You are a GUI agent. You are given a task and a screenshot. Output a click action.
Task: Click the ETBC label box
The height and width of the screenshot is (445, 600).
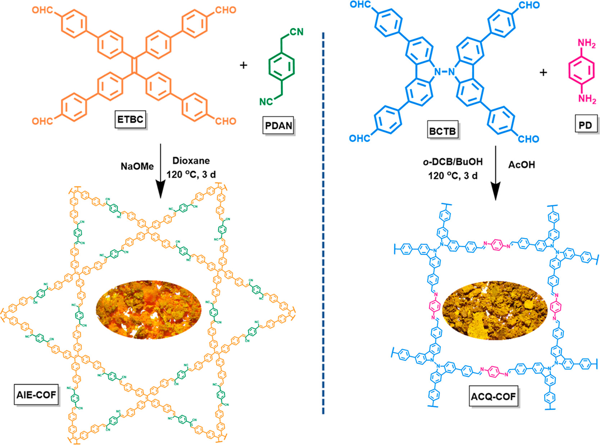coord(130,119)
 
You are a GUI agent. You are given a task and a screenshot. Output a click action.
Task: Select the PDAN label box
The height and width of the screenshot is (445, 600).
coord(279,126)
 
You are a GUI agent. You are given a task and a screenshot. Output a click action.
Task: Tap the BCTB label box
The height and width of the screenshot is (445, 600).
coord(442,131)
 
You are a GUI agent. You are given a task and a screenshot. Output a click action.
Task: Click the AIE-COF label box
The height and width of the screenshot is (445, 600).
coord(36,395)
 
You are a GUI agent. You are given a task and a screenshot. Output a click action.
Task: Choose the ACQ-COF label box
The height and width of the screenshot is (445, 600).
coord(494,396)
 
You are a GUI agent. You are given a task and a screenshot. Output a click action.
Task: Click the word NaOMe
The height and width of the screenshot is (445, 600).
coord(137,166)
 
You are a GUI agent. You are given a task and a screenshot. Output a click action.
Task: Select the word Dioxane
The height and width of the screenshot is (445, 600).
coord(191,161)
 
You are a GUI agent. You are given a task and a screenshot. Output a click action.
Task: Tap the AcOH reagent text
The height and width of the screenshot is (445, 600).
coord(522,165)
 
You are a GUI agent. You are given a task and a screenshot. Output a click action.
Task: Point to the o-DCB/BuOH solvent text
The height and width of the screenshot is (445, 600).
coord(453,162)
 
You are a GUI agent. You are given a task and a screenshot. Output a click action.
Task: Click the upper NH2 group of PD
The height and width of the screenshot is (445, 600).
coord(586,44)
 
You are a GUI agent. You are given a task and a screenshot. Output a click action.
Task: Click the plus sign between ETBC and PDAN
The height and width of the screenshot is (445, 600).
coord(244,65)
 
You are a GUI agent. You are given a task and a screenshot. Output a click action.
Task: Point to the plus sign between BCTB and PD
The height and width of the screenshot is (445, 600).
coord(543,72)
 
